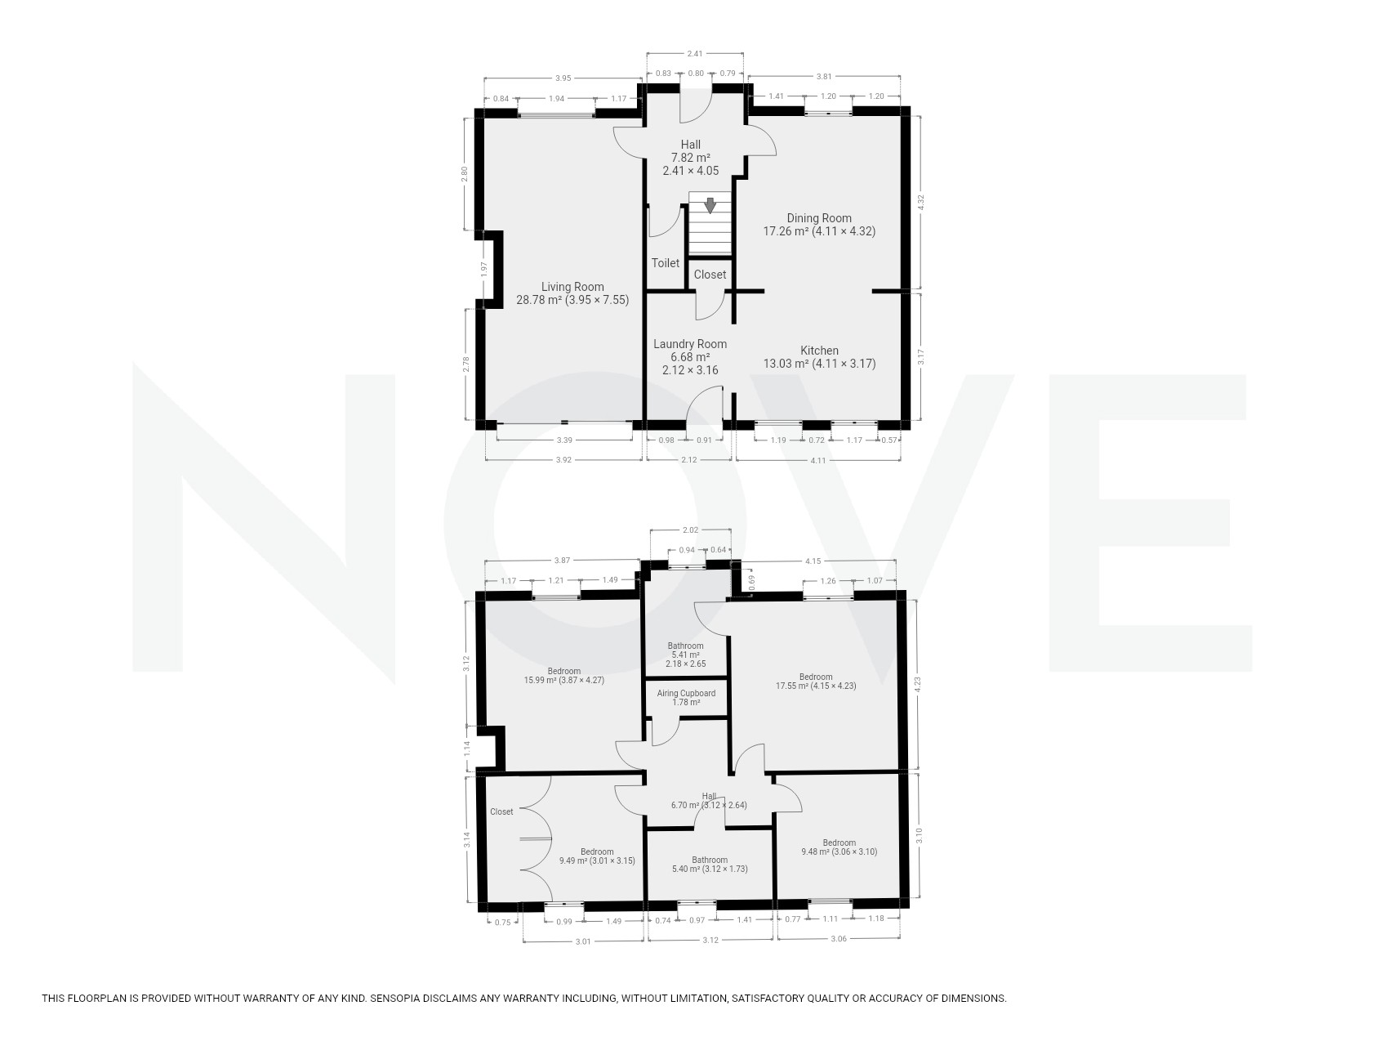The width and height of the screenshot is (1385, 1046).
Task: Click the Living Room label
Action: click(x=572, y=287)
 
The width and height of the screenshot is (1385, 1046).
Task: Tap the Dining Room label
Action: click(x=819, y=218)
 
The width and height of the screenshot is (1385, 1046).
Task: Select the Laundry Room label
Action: click(x=690, y=344)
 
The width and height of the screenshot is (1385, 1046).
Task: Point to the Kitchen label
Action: click(x=819, y=351)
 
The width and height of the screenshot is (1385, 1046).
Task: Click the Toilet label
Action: click(x=666, y=263)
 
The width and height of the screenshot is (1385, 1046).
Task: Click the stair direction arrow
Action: click(x=710, y=205)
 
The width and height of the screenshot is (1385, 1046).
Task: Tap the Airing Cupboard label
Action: click(x=686, y=693)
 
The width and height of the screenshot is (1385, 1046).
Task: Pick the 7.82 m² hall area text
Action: click(x=690, y=158)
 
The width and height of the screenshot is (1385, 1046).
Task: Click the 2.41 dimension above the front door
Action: click(x=695, y=54)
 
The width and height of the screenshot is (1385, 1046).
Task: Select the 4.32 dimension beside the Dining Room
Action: click(x=923, y=203)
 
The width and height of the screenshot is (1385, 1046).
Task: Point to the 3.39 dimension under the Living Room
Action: click(x=563, y=440)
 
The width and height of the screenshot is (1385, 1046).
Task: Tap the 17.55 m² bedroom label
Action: click(x=816, y=682)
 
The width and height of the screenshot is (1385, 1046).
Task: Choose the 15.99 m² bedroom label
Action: click(x=564, y=675)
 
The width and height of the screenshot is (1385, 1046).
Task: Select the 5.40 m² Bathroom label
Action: click(x=709, y=865)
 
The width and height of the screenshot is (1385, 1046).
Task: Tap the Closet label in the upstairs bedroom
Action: click(x=501, y=811)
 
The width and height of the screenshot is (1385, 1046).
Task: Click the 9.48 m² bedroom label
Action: click(x=839, y=847)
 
